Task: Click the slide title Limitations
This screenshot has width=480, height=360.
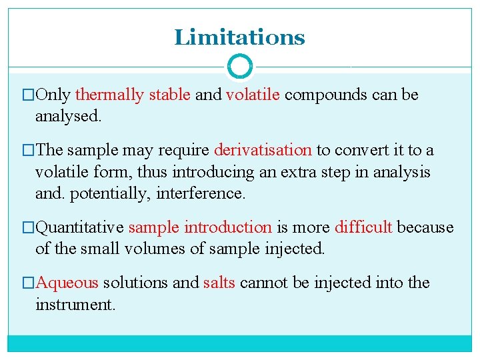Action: click(x=239, y=37)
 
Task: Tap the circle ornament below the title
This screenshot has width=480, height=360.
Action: click(x=239, y=67)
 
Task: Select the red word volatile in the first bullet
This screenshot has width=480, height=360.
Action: click(x=253, y=95)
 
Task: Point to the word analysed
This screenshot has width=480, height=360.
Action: click(x=69, y=116)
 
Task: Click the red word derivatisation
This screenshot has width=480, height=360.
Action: click(x=263, y=151)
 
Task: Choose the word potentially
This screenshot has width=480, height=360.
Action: click(x=103, y=193)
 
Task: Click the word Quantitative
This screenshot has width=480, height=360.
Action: click(x=79, y=227)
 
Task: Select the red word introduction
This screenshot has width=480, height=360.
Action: click(x=228, y=227)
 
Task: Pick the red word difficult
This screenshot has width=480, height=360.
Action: click(x=363, y=227)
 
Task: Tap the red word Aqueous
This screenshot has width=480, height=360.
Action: click(x=67, y=283)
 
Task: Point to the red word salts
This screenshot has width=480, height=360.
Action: click(x=219, y=283)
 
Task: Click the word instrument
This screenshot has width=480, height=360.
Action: click(x=75, y=305)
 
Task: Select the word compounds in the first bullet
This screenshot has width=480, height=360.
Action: click(x=326, y=95)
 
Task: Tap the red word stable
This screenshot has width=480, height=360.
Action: click(x=170, y=95)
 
